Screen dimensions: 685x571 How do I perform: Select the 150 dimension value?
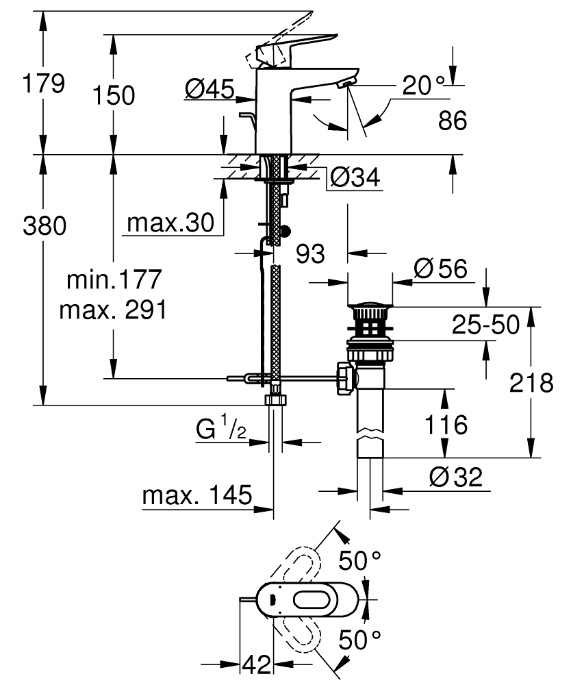click(114, 95)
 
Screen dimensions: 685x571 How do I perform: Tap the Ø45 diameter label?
click(210, 88)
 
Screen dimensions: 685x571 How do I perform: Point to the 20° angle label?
click(423, 85)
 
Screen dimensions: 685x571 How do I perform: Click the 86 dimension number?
click(452, 121)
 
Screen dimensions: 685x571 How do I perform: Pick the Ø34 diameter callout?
click(354, 178)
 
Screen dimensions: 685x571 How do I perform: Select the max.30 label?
click(170, 223)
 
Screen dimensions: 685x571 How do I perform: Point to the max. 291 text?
click(114, 310)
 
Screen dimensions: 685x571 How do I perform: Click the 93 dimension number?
click(310, 254)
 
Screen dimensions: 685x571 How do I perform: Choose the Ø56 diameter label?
click(441, 269)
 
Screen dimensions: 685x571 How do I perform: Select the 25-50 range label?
click(485, 325)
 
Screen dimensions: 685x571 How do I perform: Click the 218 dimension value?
click(531, 384)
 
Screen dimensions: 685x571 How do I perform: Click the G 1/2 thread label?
click(221, 430)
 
